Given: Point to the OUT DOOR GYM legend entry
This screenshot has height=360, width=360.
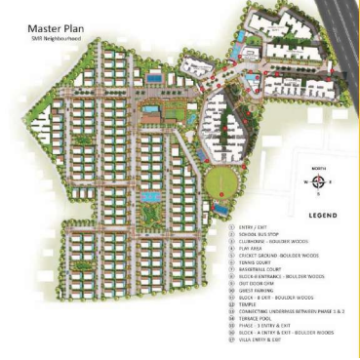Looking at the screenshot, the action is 250,290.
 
